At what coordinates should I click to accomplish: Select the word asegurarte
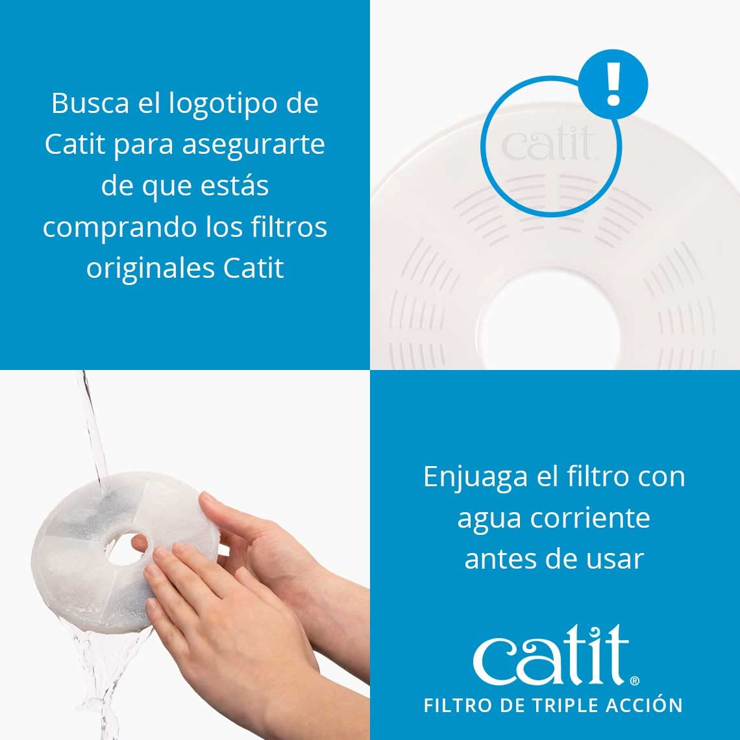click(253, 145)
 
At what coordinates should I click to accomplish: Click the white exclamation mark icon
click(613, 84)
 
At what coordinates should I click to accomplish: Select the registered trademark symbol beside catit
click(634, 681)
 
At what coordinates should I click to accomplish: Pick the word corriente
click(590, 518)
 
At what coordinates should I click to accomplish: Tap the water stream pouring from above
click(93, 428)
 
